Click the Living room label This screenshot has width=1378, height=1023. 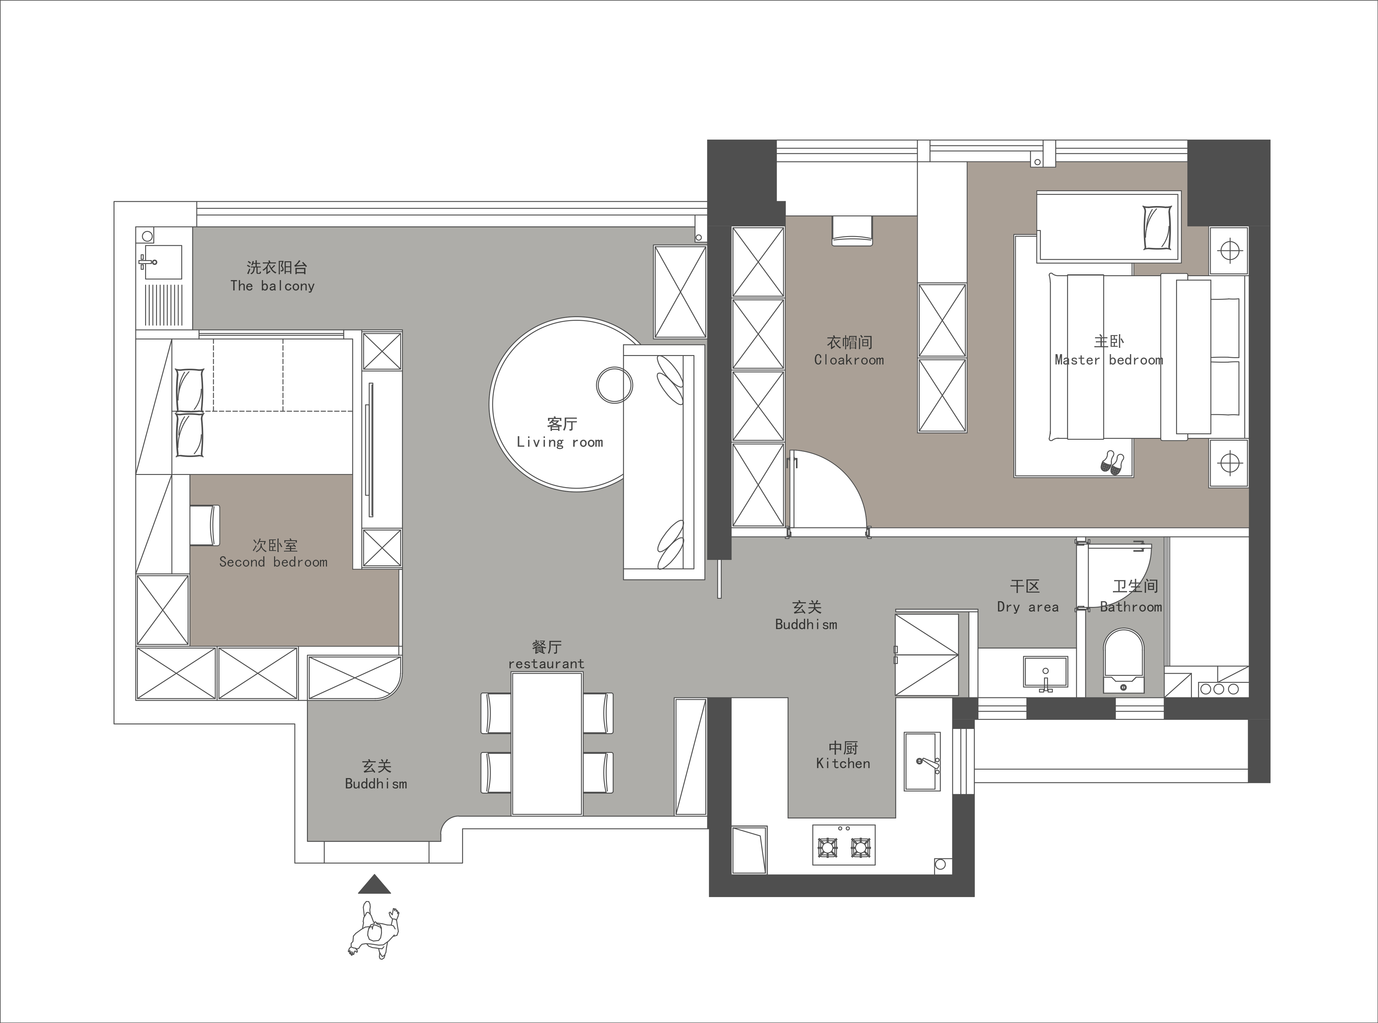(560, 442)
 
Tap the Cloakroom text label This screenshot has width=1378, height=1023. (849, 360)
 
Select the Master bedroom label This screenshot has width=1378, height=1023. (1109, 360)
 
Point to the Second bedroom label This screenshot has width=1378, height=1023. (273, 562)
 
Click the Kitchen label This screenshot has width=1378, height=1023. (843, 764)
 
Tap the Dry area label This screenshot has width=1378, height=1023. (1027, 607)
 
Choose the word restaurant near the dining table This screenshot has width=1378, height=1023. (546, 664)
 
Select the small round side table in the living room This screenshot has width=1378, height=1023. (614, 384)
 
